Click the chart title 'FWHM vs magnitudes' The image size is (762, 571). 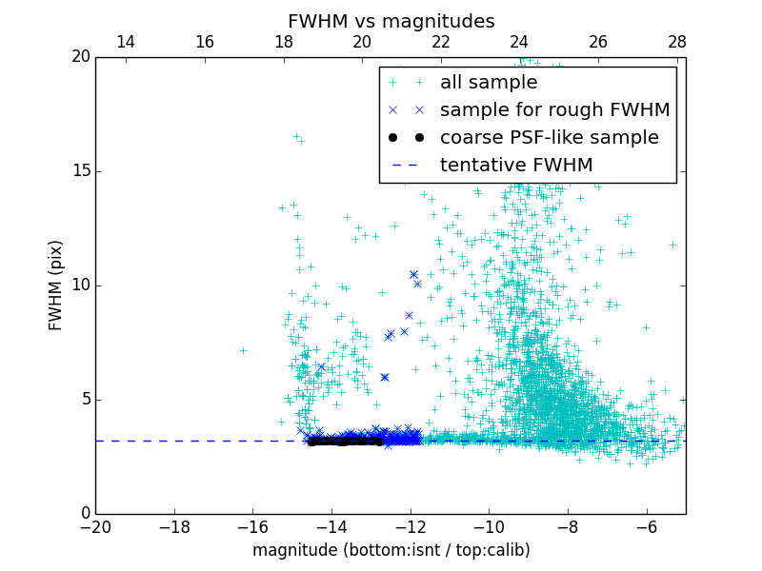pos(391,21)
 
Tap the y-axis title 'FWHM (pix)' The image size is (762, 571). pos(56,285)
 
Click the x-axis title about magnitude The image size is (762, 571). pos(391,550)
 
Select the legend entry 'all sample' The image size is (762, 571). pos(489,83)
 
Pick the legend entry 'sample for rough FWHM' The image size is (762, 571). pos(554,110)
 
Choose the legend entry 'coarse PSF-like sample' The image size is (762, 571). pos(549,138)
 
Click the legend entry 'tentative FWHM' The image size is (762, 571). pos(515,166)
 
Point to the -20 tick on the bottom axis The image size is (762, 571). pos(95,526)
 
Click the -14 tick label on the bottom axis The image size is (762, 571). pos(331,526)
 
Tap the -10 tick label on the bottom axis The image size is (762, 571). pos(489,526)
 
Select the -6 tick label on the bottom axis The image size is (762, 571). pos(647,526)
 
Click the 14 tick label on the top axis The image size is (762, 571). pos(125,42)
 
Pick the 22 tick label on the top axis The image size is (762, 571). pos(440,42)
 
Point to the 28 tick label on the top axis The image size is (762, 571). pos(677,42)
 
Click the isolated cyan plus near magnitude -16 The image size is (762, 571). pos(243,350)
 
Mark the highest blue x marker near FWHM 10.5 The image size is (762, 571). pos(413,274)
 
